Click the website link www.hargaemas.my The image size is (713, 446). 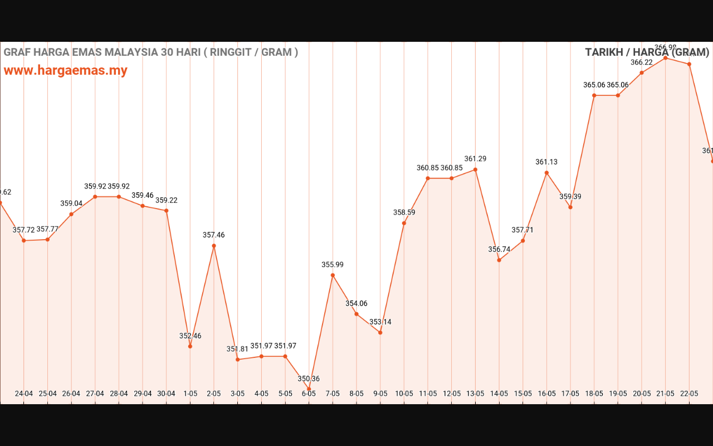pos(66,71)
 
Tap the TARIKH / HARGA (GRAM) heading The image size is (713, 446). pos(647,52)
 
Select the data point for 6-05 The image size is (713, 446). pos(309,389)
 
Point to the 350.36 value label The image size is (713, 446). pos(309,379)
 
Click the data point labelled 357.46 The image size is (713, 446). pos(214,246)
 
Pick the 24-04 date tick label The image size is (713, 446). pos(24,394)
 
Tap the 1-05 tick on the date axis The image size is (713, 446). pos(190,394)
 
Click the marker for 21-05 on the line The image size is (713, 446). pos(665,58)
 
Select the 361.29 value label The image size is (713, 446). pos(475,159)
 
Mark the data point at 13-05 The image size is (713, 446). pos(475,169)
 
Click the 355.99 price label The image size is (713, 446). pos(333,265)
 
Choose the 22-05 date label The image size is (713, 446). pos(689,394)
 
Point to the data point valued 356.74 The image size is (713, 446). pos(499,260)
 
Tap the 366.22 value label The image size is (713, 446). pos(642,62)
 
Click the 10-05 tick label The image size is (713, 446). pos(404,394)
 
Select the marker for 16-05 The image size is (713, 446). pos(546,173)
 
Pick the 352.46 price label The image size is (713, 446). pos(190,336)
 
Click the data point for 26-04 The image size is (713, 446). pos(71,214)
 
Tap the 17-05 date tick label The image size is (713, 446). pos(570,394)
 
